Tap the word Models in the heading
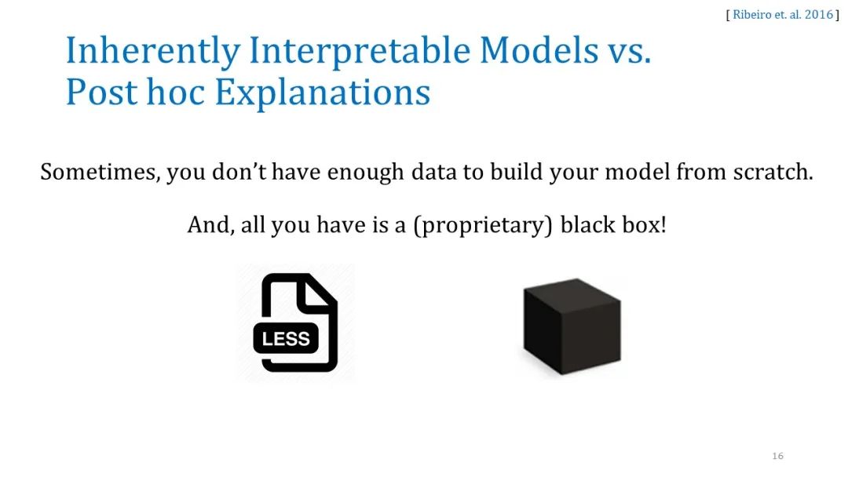[x=539, y=50]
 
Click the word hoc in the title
[x=176, y=92]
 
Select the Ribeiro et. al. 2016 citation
[x=783, y=15]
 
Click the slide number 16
[x=777, y=456]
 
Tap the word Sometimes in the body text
[x=100, y=173]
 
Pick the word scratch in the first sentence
[x=773, y=172]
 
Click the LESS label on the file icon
[x=286, y=339]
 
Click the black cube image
[x=572, y=326]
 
